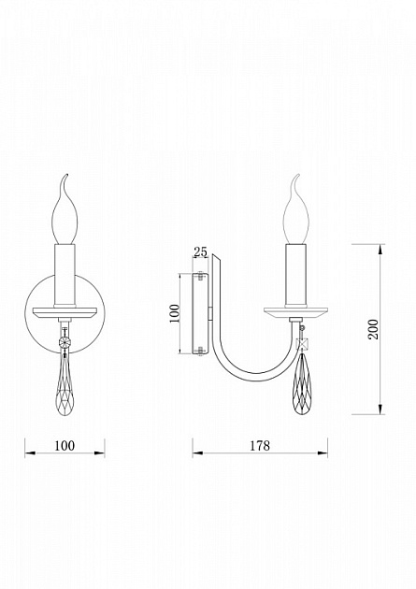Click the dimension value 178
pos(260,446)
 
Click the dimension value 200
pos(373,329)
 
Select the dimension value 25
pos(200,251)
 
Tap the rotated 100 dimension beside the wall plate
pos(175,313)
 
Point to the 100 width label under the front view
pos(65,446)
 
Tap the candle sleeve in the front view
pos(65,276)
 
